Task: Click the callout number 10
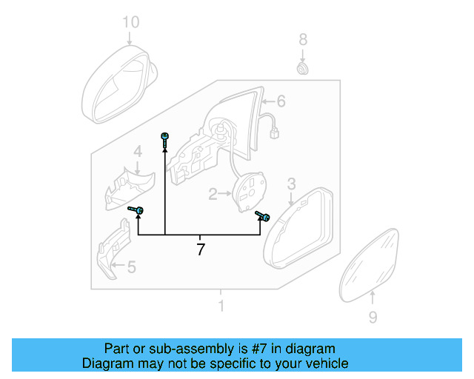tap(130, 22)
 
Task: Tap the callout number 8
tap(302, 38)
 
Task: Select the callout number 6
tap(281, 101)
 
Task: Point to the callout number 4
tap(138, 152)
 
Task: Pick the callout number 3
tap(292, 184)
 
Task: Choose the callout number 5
tap(132, 266)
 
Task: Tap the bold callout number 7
tap(200, 249)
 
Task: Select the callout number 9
tap(373, 318)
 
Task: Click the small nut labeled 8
tap(302, 69)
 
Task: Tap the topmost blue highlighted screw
tap(164, 138)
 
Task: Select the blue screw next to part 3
tap(262, 216)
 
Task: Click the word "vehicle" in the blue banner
tap(323, 363)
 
